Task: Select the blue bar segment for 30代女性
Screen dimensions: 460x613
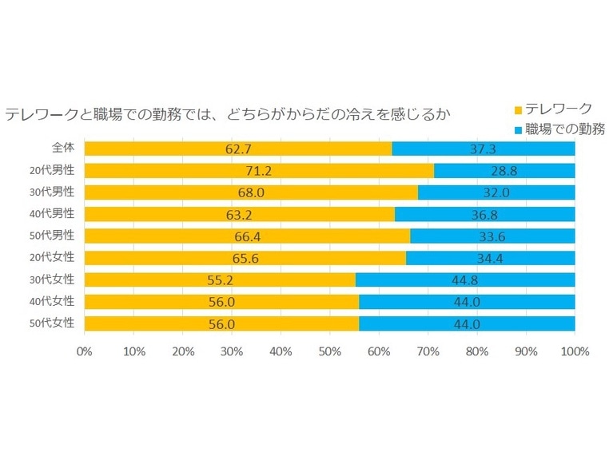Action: pyautogui.click(x=465, y=280)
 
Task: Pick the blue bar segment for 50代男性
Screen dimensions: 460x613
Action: pyautogui.click(x=492, y=236)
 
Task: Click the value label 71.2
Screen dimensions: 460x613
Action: pyautogui.click(x=259, y=170)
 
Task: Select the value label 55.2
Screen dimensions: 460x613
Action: pyautogui.click(x=219, y=280)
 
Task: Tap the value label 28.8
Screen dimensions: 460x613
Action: pyautogui.click(x=505, y=170)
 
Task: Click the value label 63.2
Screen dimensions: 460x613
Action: pyautogui.click(x=239, y=214)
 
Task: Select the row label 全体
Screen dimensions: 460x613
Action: pyautogui.click(x=64, y=149)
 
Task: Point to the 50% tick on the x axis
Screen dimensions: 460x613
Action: pyautogui.click(x=329, y=351)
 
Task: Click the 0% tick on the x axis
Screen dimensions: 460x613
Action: pyautogui.click(x=84, y=351)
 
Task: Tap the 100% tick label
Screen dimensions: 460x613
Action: pyautogui.click(x=575, y=351)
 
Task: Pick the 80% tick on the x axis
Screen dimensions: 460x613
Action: pyautogui.click(x=477, y=351)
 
